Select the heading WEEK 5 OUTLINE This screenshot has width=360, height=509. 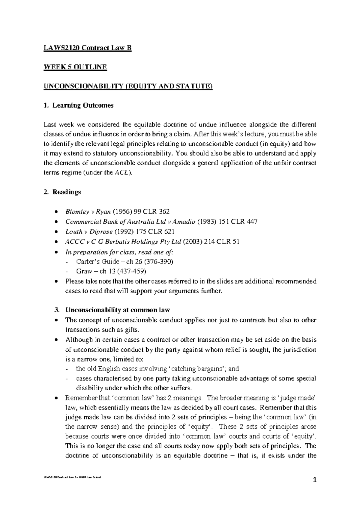(x=75, y=67)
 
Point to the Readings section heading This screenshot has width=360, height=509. (x=67, y=192)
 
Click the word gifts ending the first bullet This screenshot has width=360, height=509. (x=133, y=330)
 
